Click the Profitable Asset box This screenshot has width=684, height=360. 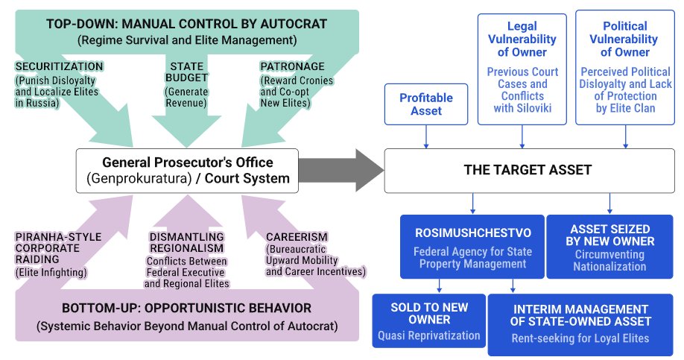tap(426, 104)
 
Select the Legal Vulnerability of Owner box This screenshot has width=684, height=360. tap(522, 69)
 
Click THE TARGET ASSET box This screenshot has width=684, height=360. tap(529, 171)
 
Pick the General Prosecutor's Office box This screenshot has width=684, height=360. tap(187, 171)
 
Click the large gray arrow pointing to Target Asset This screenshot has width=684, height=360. tap(341, 170)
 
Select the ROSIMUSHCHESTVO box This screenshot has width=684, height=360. tap(472, 247)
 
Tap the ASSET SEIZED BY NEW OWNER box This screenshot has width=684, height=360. tap(609, 247)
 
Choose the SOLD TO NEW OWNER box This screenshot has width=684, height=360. tap(429, 320)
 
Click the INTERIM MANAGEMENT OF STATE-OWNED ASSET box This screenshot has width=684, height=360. tap(580, 325)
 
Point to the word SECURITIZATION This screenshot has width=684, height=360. tap(60, 67)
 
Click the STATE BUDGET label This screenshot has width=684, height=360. tap(187, 72)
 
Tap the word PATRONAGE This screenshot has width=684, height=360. tap(292, 67)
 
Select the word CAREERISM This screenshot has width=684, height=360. tap(297, 237)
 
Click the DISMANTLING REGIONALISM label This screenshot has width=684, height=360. tap(187, 243)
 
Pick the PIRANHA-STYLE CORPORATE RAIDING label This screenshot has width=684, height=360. tap(58, 248)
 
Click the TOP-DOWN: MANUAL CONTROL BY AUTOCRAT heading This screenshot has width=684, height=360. tap(187, 24)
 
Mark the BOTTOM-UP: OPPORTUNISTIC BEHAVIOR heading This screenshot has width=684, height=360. tap(187, 308)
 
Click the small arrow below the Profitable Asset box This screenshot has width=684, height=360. tap(426, 137)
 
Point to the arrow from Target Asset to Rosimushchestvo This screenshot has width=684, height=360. tap(472, 203)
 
